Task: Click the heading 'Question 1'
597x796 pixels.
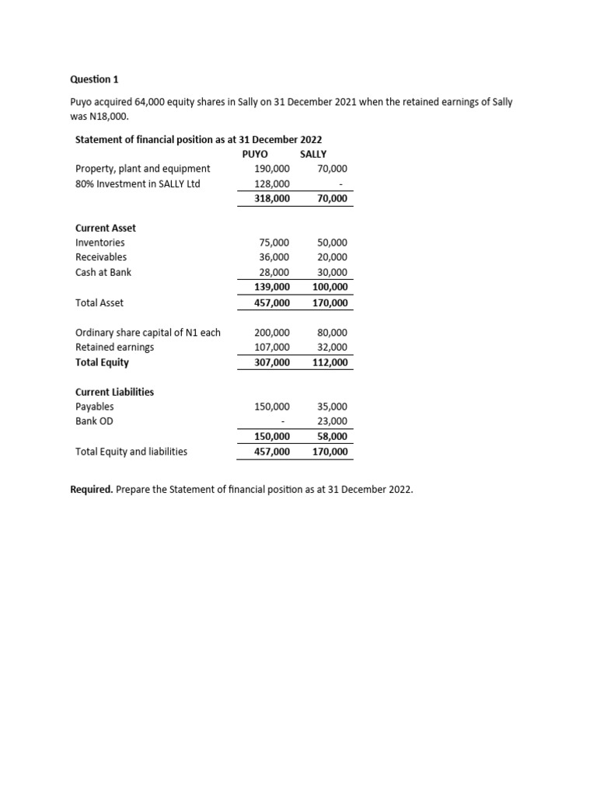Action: click(x=95, y=79)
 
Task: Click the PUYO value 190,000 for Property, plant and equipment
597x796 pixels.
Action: click(x=272, y=169)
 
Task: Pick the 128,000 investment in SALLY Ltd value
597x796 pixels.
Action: click(x=272, y=184)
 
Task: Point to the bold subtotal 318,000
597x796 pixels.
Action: click(x=272, y=199)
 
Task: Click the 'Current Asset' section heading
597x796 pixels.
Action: click(x=105, y=228)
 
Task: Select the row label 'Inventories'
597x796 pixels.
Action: click(x=99, y=243)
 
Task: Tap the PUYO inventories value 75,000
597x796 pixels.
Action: click(x=274, y=243)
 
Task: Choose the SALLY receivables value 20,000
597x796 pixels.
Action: click(x=332, y=257)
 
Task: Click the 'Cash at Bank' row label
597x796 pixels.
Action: click(x=103, y=272)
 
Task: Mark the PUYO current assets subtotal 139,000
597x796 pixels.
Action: click(x=272, y=287)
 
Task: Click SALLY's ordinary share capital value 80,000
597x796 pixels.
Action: click(x=332, y=333)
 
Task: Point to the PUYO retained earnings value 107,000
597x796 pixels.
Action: click(x=272, y=347)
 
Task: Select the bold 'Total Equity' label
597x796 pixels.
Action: click(x=102, y=362)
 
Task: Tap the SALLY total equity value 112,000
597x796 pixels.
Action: click(x=330, y=362)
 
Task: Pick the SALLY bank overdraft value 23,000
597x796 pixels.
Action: click(x=332, y=421)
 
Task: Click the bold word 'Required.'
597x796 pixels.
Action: click(x=92, y=491)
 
